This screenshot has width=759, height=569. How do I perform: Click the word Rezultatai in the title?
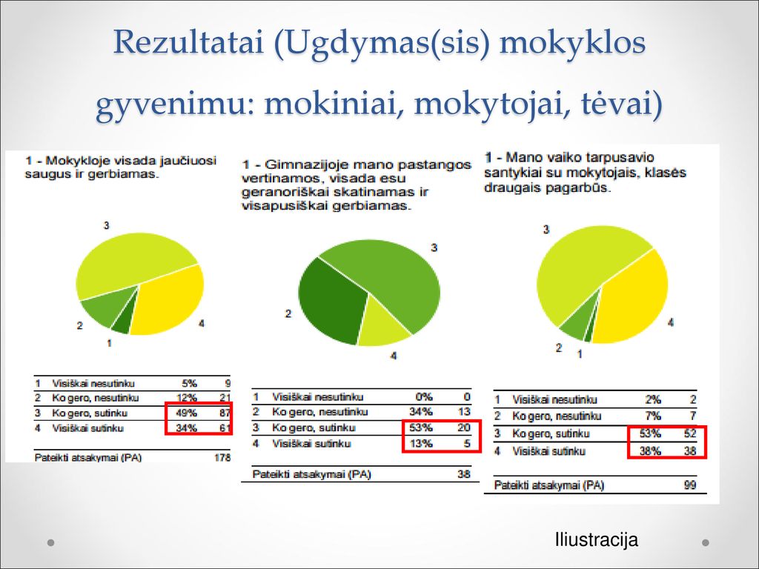pos(189,41)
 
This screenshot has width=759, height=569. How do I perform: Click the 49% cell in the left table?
pos(186,413)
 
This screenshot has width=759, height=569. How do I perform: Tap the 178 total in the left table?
pos(222,457)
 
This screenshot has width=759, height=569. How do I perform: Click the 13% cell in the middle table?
pos(421,444)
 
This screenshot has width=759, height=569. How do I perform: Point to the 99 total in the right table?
pos(690,485)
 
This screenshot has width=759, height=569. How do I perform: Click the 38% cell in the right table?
pos(650,451)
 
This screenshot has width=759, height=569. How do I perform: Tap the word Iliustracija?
pos(597,539)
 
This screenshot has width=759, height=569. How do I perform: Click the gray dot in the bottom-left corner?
pos(50,542)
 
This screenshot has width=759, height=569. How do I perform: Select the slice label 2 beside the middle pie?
pos(288,314)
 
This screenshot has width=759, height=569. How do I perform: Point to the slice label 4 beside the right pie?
pos(670,322)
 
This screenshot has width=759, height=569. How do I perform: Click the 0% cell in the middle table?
pos(423,397)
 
